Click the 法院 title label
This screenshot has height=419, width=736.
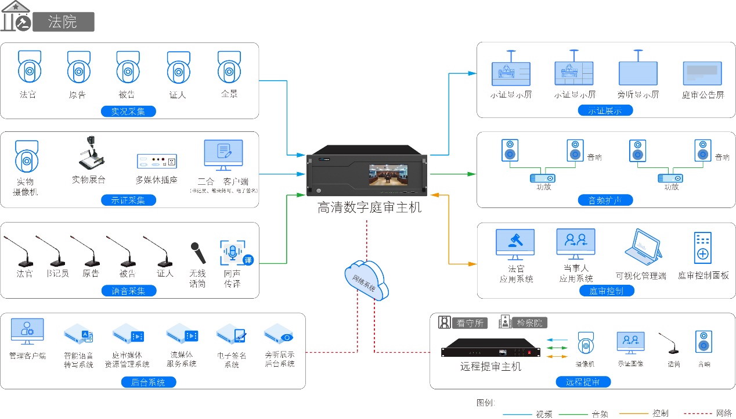point(63,22)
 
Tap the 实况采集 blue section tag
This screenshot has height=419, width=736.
point(128,111)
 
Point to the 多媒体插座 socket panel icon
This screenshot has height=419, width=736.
point(156,161)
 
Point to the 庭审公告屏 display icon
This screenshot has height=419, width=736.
point(702,74)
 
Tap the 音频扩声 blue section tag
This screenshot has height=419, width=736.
point(605,200)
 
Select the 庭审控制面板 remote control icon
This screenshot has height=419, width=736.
point(702,248)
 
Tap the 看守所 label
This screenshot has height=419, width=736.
point(469,323)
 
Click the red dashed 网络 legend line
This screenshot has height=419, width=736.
point(695,414)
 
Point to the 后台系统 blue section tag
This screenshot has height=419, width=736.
point(148,382)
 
